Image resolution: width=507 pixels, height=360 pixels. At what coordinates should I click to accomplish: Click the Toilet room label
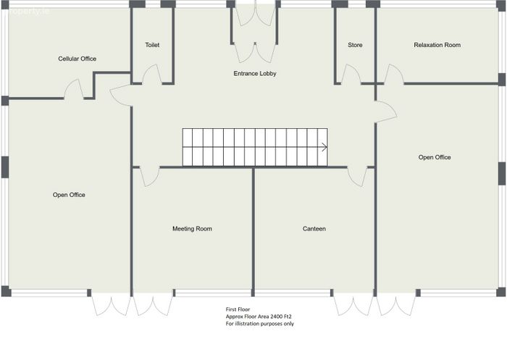pos(152,45)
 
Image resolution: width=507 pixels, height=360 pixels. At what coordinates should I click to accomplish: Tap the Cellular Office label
pos(77,59)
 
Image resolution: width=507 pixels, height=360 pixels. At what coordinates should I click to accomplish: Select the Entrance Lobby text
pos(255,73)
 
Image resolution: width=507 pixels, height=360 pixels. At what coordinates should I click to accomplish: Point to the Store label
pos(355,45)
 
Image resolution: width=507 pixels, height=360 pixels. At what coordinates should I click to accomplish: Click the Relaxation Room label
pos(437,45)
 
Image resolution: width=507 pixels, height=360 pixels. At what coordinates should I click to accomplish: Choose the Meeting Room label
pos(192,229)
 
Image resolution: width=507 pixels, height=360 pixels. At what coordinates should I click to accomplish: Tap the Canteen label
pos(314,229)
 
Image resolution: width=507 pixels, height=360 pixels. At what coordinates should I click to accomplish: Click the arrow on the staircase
pos(324,147)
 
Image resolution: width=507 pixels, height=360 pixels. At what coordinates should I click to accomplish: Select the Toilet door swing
pos(152,75)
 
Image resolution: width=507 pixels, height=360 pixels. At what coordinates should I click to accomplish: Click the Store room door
pos(351,75)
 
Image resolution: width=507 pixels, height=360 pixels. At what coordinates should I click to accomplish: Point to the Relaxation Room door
pos(394,75)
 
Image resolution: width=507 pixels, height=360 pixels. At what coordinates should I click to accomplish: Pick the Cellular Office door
pos(74,89)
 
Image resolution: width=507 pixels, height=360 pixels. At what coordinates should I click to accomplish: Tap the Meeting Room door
pos(150,177)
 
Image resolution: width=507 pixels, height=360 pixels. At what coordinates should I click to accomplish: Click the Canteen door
pos(357,177)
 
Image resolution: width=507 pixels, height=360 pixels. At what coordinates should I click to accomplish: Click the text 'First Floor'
pos(238,309)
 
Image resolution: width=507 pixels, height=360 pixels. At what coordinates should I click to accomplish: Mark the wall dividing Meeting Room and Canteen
pos(253,232)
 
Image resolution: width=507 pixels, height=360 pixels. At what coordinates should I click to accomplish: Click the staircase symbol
pos(255,148)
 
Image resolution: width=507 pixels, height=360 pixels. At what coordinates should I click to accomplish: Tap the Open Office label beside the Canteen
pos(435,157)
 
